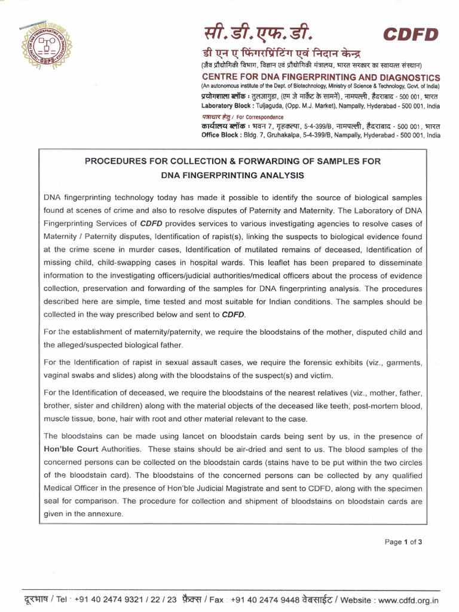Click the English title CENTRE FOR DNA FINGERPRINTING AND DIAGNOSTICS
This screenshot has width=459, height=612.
click(x=320, y=78)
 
